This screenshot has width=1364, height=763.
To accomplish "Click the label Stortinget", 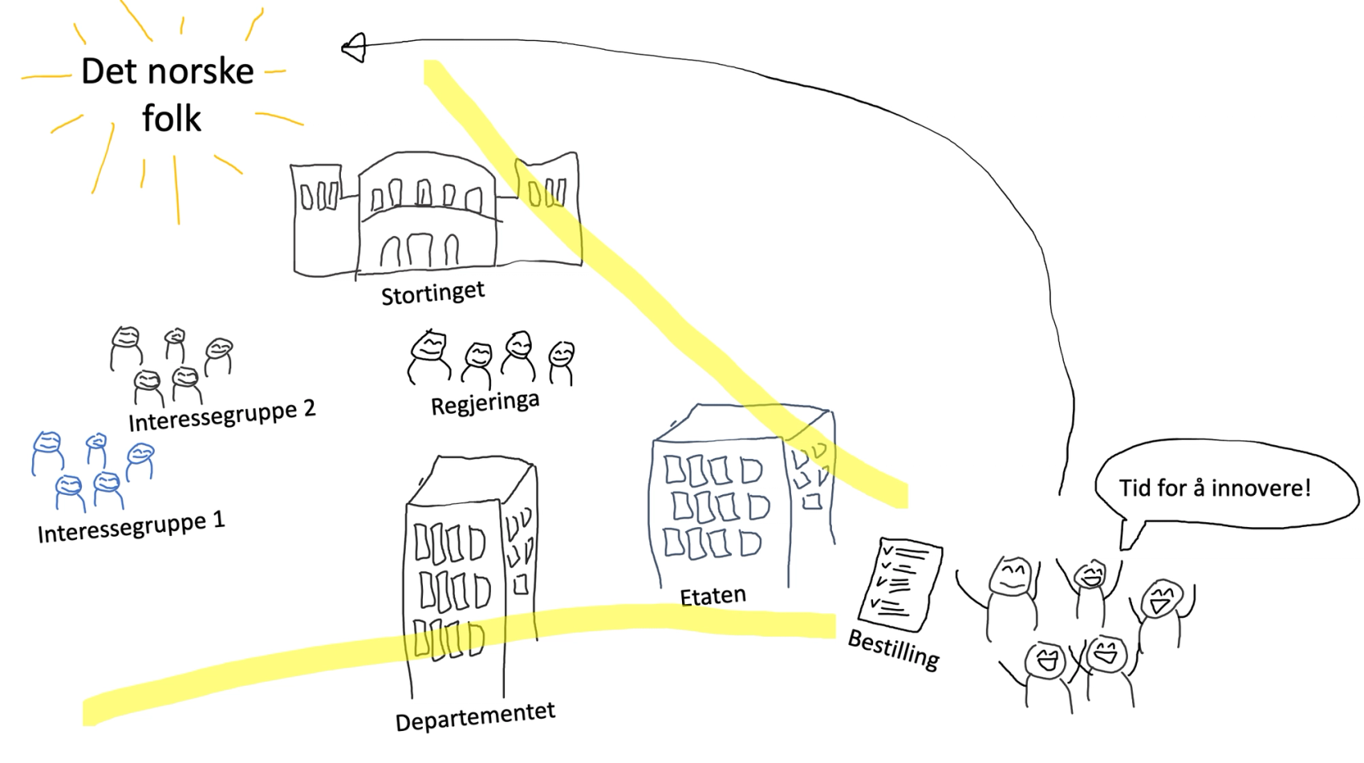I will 432,294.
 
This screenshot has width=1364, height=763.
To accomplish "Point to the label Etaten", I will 712,596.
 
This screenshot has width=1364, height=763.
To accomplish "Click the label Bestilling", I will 894,649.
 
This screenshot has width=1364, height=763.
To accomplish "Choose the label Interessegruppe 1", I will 131,526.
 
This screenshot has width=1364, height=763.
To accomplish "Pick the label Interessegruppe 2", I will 221,415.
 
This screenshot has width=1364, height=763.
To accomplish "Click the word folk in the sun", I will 172,119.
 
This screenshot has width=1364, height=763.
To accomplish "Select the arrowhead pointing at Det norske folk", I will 355,48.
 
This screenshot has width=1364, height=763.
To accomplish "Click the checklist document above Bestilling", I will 899,584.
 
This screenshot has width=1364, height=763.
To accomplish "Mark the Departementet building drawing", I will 469,578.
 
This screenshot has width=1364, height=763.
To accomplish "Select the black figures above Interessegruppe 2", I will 170,365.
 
